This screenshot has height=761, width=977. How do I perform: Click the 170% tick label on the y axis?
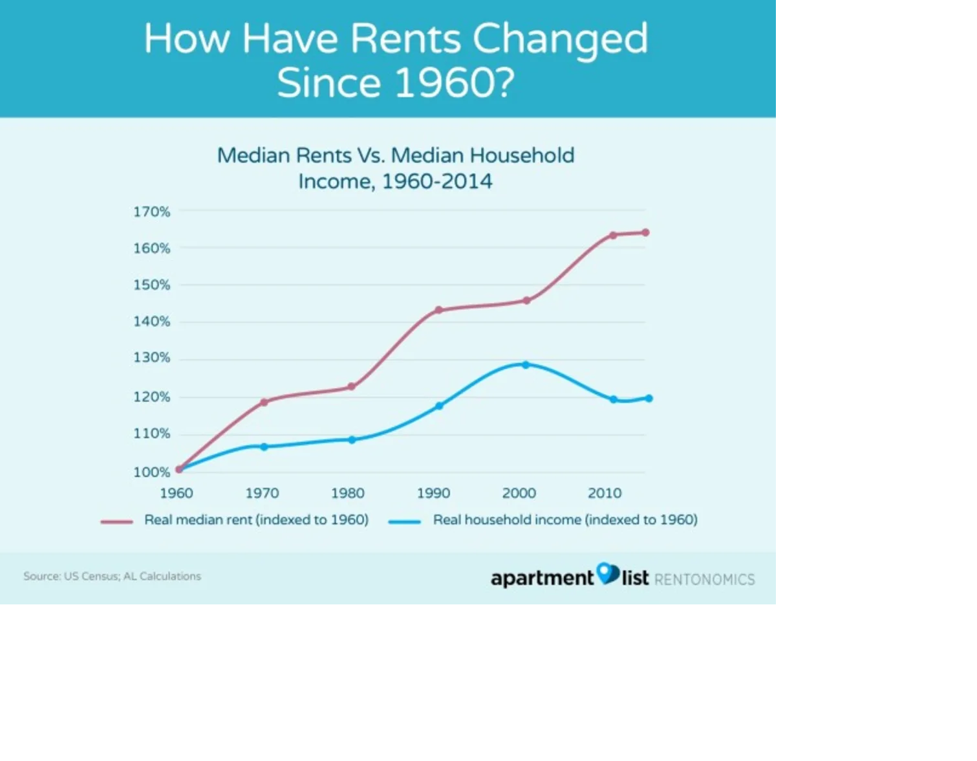[x=151, y=212]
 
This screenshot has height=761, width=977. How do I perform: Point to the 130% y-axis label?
[x=151, y=358]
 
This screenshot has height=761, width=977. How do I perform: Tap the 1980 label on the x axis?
[x=348, y=493]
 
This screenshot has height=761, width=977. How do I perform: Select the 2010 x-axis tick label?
[x=605, y=493]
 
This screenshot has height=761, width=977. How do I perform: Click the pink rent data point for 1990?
[x=438, y=310]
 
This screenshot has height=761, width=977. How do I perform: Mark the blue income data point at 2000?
[x=526, y=365]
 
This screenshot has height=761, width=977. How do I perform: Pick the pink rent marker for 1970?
[x=264, y=402]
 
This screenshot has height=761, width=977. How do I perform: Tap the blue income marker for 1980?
[x=352, y=440]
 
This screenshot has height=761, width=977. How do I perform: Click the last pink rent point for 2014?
[x=645, y=232]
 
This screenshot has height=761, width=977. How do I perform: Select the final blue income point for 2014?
[x=649, y=399]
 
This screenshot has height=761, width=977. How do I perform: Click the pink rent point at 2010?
[x=613, y=235]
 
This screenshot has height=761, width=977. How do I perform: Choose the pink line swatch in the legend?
[x=116, y=521]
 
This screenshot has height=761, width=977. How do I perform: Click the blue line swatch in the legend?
[x=405, y=521]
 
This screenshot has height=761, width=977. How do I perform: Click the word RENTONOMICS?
[x=704, y=579]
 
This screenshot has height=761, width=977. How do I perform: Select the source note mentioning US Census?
[x=112, y=576]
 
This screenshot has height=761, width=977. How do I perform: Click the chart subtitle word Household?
[x=522, y=155]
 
